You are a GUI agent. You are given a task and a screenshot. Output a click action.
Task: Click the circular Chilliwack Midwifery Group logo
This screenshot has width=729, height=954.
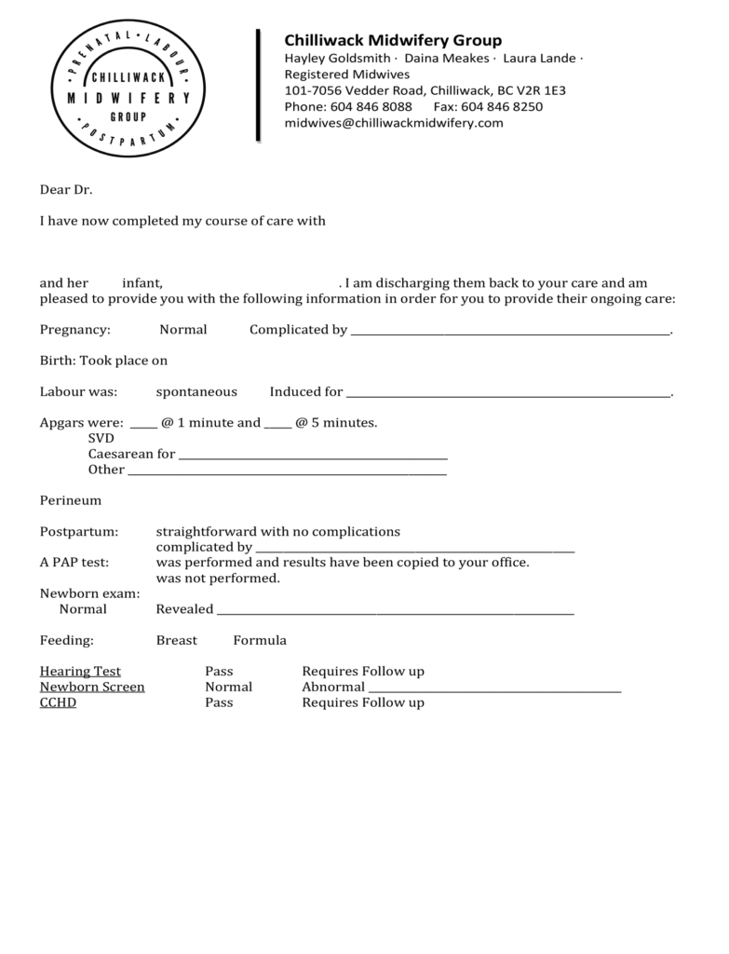128,89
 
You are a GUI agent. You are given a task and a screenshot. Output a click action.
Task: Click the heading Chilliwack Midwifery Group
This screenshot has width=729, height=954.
392,40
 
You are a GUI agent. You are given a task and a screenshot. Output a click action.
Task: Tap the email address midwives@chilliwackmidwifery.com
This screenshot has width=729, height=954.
393,123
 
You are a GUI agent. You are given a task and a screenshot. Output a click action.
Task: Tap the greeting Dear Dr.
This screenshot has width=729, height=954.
66,190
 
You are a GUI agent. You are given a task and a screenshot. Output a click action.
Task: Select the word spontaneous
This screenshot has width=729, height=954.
196,391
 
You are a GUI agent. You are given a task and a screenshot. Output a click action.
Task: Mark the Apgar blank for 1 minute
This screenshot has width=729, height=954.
143,424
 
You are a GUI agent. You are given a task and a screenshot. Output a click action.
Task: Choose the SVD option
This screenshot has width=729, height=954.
101,438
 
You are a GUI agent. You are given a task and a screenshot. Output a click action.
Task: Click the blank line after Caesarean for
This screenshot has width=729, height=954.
313,456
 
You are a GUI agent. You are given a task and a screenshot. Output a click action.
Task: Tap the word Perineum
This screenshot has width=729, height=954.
70,500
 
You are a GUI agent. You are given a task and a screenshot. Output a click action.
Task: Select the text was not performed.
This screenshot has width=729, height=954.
218,579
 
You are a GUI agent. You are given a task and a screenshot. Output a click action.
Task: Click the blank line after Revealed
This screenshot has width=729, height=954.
395,611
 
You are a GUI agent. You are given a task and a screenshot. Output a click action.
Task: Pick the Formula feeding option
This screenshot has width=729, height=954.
260,640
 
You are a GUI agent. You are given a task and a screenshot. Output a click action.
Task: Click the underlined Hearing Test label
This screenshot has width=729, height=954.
80,671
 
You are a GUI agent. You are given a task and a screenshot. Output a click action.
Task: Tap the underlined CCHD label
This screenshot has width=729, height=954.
58,702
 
